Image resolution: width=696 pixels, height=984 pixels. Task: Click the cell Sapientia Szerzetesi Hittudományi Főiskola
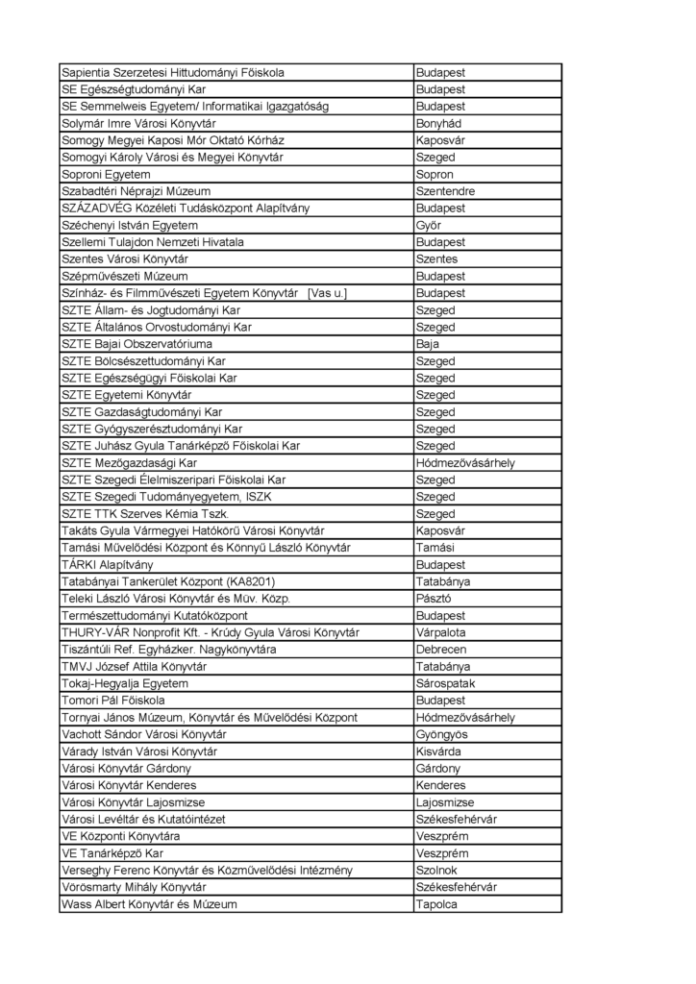point(173,73)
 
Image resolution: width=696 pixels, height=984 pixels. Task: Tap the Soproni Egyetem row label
point(107,175)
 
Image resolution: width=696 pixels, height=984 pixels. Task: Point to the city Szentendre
point(445,191)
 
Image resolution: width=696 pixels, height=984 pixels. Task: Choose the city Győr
point(428,226)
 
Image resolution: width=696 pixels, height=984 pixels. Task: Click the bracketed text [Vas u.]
point(328,293)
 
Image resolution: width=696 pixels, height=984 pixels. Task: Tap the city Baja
point(428,344)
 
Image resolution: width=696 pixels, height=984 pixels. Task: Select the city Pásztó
point(434,599)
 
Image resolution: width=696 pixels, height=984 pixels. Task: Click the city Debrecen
point(441,650)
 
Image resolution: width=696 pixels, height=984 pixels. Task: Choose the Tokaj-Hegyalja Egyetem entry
point(125,683)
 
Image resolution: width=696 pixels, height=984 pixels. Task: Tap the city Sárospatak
point(448,683)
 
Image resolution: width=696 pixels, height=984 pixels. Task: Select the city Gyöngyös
point(442,734)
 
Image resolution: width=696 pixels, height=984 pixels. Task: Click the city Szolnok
point(436,871)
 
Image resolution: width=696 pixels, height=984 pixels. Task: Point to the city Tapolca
point(436,904)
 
